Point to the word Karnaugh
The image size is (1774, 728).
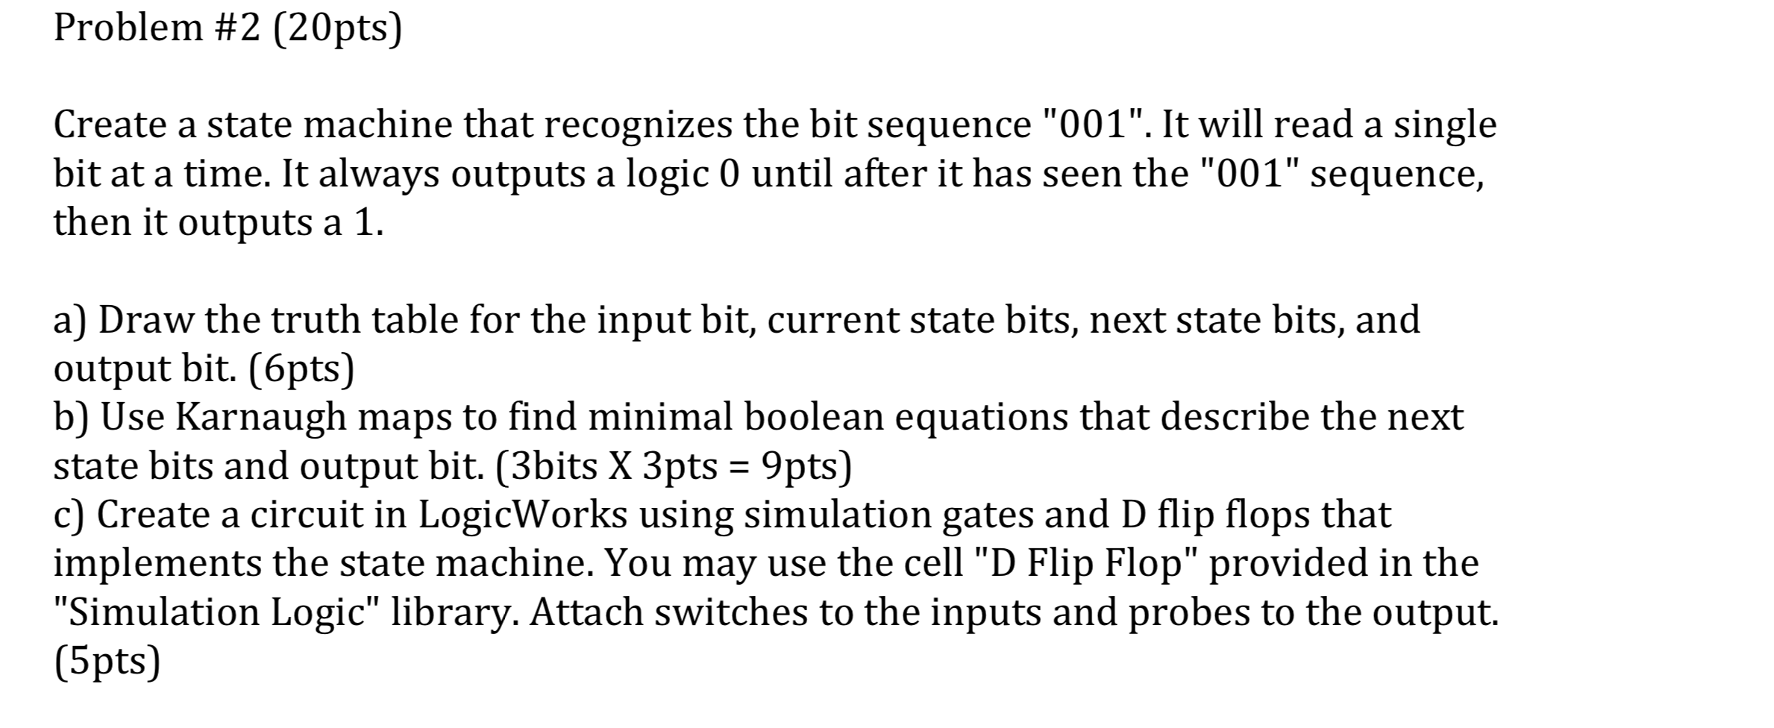pyautogui.click(x=261, y=417)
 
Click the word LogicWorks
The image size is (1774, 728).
pyautogui.click(x=523, y=515)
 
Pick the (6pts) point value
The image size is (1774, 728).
pyautogui.click(x=302, y=368)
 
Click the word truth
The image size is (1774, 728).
pyautogui.click(x=316, y=320)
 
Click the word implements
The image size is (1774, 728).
pyautogui.click(x=157, y=563)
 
